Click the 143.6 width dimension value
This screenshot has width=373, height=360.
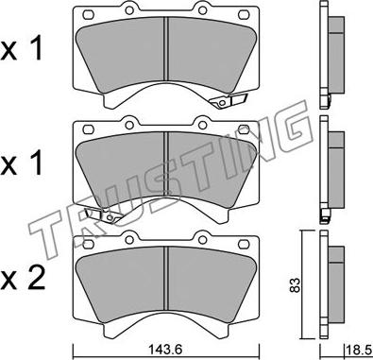[x=164, y=350]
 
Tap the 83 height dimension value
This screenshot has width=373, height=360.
[x=296, y=285]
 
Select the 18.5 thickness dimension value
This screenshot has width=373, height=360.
[x=359, y=351]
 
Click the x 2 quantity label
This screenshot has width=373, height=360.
[x=23, y=278]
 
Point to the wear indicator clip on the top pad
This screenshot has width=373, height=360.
[x=229, y=100]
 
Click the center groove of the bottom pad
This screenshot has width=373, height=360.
[x=166, y=283]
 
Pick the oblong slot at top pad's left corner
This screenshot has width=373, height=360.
[x=89, y=14]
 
